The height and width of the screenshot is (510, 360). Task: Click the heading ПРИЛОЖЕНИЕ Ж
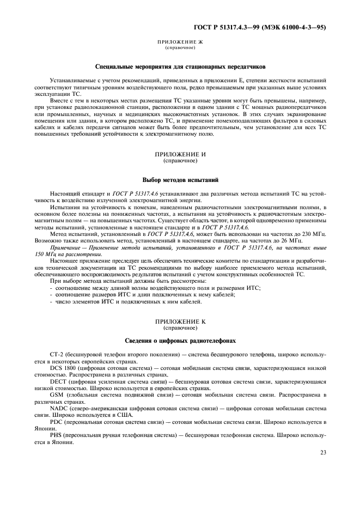(x=180, y=42)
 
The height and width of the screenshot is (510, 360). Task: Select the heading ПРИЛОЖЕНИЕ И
(x=180, y=155)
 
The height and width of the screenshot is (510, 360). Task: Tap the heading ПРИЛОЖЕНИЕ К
(x=180, y=321)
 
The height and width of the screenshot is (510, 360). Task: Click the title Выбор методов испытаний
(x=180, y=179)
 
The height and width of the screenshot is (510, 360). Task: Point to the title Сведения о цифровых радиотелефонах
(x=180, y=340)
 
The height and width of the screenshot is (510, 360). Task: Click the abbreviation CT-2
(x=56, y=354)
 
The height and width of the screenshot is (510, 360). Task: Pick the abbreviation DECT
(x=59, y=382)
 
